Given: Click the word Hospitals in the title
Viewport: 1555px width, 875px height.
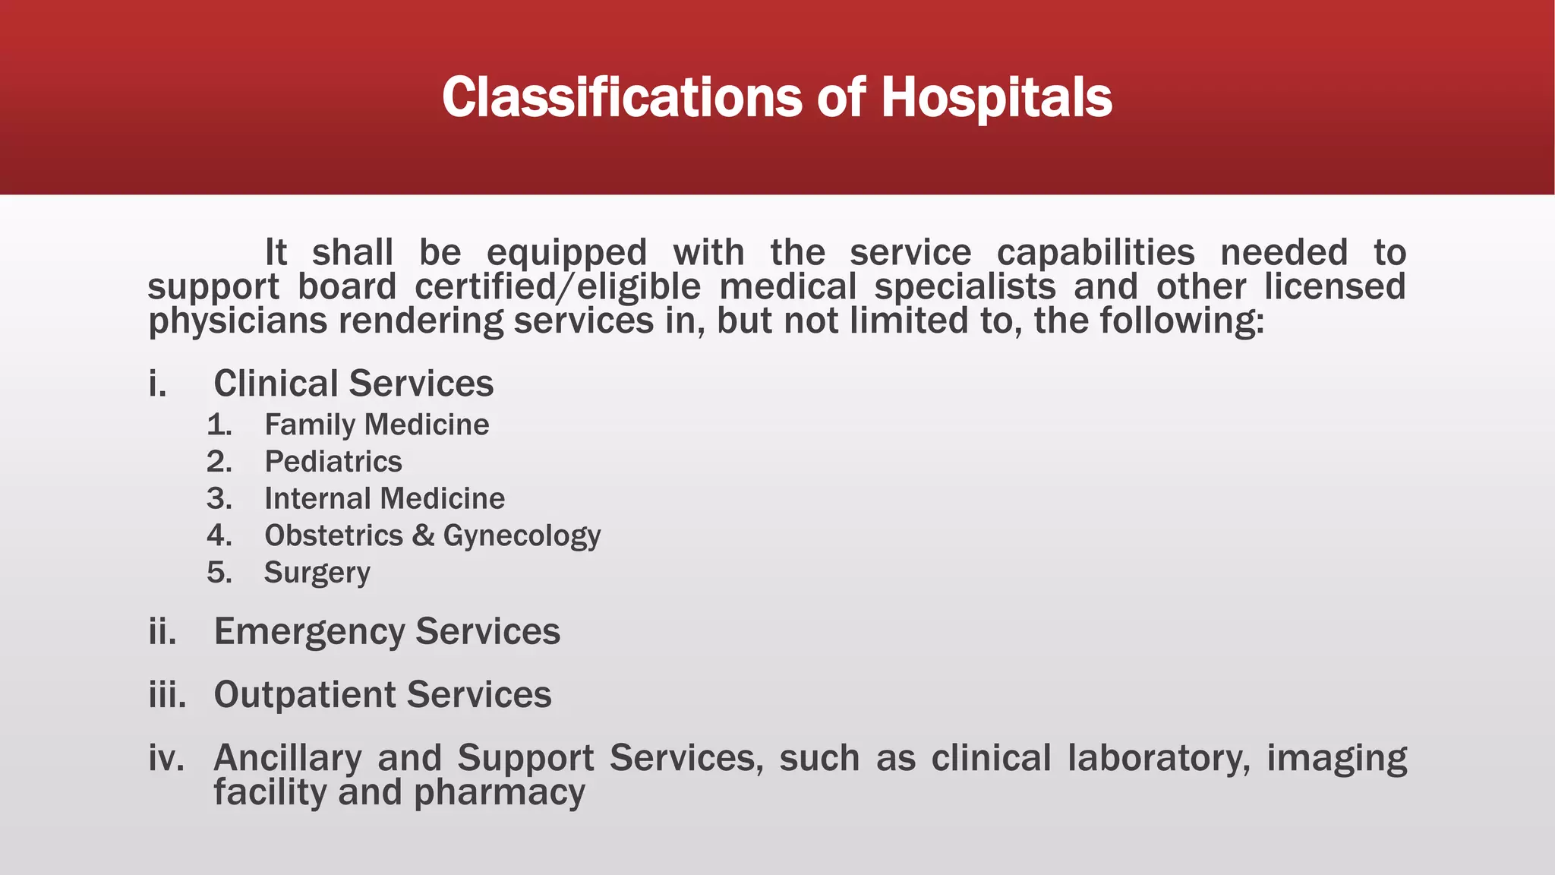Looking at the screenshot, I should click(x=996, y=98).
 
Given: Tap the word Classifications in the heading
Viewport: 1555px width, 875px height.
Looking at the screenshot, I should click(x=622, y=98).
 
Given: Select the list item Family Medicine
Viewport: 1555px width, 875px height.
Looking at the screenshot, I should click(x=377, y=425).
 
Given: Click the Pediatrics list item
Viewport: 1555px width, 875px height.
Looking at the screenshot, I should click(x=333, y=462).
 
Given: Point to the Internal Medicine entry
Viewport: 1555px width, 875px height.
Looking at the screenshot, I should click(x=384, y=499).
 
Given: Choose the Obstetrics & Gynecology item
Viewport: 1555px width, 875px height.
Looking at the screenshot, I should click(x=432, y=536).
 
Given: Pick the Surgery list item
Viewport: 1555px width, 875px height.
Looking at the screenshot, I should click(x=317, y=573).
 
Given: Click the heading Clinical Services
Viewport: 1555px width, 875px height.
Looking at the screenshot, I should click(x=353, y=384).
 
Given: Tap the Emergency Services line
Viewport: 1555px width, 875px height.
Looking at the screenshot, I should click(x=386, y=632).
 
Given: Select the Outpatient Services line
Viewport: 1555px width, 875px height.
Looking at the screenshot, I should click(x=382, y=695).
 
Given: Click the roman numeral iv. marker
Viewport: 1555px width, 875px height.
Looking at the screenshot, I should click(x=166, y=758).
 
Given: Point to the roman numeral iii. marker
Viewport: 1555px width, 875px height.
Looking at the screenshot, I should click(x=167, y=695).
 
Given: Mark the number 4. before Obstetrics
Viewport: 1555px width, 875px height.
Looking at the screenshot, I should click(x=219, y=536).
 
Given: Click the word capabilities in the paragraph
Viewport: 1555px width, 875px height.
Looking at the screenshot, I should click(x=1096, y=253).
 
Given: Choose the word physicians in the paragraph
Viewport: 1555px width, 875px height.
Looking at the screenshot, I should click(x=237, y=321).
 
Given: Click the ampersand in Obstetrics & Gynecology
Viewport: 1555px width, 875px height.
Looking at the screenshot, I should click(x=423, y=536).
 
